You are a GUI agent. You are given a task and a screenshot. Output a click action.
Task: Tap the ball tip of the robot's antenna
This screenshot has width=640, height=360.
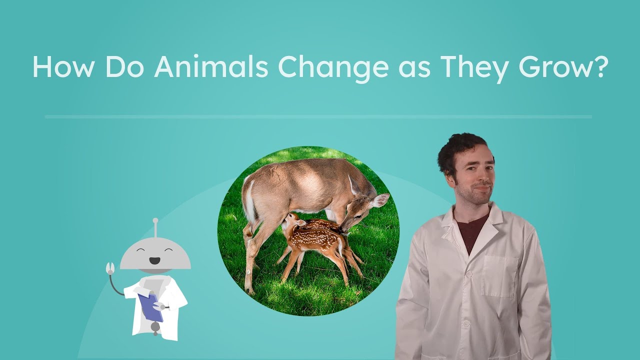click(x=155, y=220)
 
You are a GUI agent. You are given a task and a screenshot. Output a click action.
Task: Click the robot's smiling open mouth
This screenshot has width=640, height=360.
click(x=155, y=260)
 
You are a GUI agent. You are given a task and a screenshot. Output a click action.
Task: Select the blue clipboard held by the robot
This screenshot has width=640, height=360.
click(x=150, y=306)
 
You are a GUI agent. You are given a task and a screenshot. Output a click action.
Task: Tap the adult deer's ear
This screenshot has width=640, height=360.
click(x=380, y=200)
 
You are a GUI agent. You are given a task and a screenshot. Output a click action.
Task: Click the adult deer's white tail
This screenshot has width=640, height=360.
click(x=248, y=200)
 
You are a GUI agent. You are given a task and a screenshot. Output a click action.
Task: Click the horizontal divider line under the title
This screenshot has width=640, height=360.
click(x=318, y=117)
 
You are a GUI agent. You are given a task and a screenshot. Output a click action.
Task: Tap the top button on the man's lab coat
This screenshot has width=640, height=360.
click(x=469, y=274)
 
